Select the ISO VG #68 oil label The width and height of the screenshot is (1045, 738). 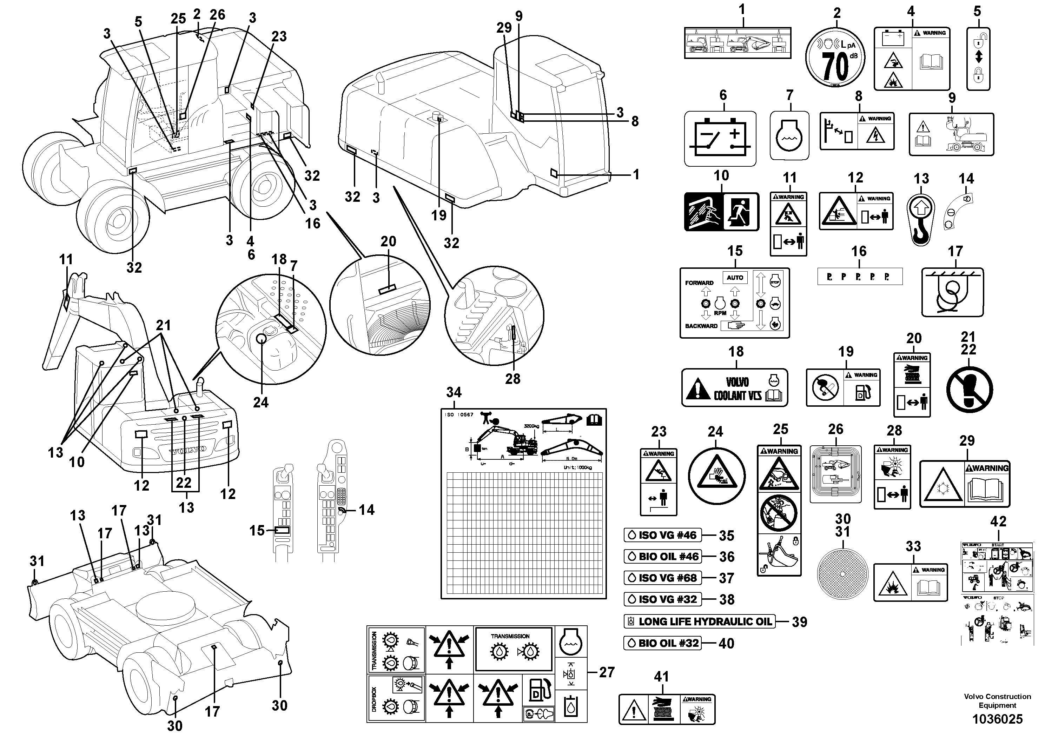click(x=663, y=578)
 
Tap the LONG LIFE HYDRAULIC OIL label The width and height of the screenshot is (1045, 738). click(x=700, y=621)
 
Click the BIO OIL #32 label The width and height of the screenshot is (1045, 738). click(x=663, y=643)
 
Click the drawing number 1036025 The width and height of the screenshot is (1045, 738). click(x=997, y=719)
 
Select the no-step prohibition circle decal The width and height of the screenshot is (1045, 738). click(x=970, y=390)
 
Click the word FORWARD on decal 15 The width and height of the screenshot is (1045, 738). click(x=699, y=283)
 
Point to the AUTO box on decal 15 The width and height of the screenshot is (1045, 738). click(x=735, y=278)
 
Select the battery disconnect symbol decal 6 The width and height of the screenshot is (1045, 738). click(x=720, y=139)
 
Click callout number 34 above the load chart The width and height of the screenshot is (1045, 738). click(x=454, y=392)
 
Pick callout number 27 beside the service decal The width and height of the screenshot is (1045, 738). click(x=607, y=672)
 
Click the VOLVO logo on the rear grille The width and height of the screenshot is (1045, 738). click(x=188, y=450)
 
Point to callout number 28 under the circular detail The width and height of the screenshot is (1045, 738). click(x=512, y=379)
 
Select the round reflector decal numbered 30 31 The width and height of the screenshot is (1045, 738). click(x=842, y=574)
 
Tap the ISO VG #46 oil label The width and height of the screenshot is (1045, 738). click(x=663, y=535)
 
